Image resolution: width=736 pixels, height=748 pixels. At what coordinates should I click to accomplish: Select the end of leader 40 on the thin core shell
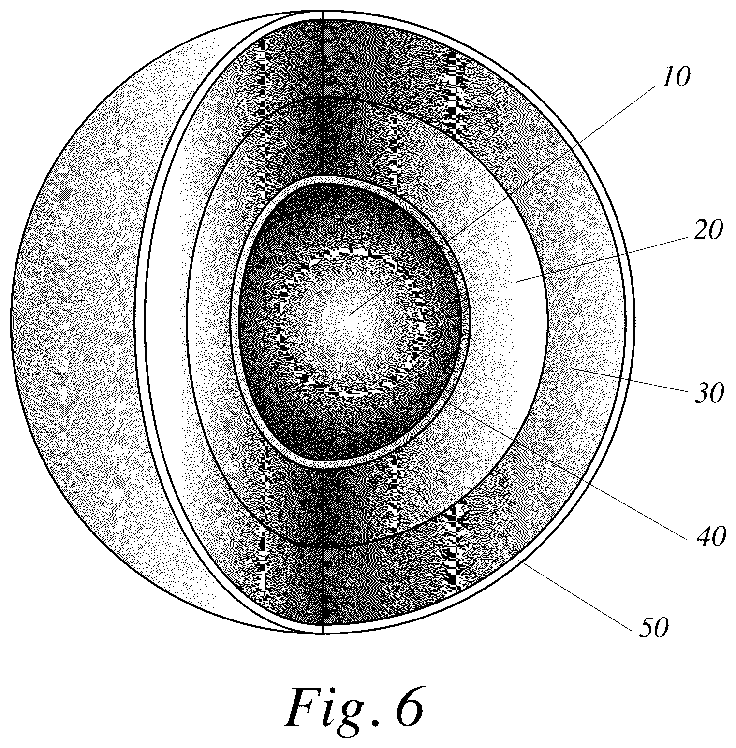point(448,403)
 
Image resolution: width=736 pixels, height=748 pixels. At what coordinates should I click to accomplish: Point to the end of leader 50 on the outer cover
point(518,559)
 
